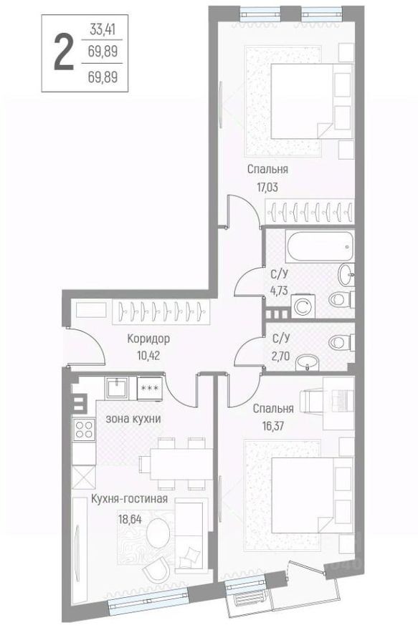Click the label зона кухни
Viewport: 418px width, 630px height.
click(x=133, y=419)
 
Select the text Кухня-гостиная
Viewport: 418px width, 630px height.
click(x=129, y=499)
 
